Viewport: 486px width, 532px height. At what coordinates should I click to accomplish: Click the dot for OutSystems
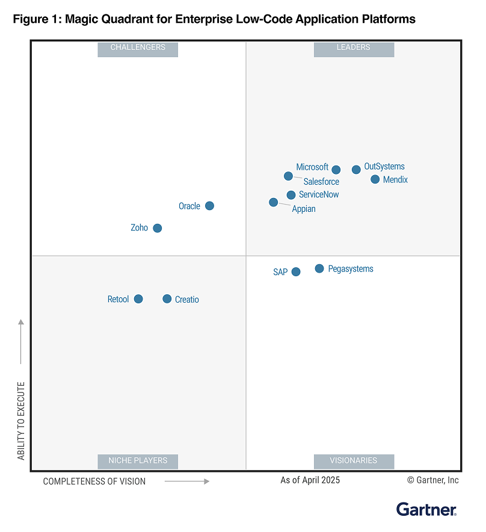(356, 170)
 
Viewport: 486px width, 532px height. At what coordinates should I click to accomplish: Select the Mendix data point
(375, 179)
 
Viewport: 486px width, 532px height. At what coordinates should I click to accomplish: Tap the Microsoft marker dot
(336, 170)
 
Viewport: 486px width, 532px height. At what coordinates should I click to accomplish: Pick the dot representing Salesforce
(289, 176)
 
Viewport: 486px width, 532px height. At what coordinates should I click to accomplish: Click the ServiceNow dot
(291, 195)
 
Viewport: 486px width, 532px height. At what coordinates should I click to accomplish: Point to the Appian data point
(274, 202)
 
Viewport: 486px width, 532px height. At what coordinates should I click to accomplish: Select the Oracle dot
(209, 206)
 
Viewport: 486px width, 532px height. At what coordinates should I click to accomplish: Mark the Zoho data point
(158, 228)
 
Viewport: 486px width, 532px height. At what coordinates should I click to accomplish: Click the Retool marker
(138, 299)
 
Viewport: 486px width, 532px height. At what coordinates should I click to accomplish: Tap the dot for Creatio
(167, 299)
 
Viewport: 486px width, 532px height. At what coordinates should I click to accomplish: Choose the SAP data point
(296, 272)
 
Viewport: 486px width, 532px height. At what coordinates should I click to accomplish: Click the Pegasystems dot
(319, 268)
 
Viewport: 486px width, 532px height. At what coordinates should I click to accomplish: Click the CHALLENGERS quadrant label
(138, 48)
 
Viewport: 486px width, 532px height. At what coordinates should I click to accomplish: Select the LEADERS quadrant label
(354, 48)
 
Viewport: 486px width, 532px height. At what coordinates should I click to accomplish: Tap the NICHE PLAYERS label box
(138, 461)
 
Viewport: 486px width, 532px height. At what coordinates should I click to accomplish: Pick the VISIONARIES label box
(354, 461)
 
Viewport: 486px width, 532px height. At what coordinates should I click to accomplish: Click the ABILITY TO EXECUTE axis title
(22, 421)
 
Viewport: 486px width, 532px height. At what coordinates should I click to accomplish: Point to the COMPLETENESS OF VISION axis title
(94, 481)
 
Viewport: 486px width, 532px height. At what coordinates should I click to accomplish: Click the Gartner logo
(426, 509)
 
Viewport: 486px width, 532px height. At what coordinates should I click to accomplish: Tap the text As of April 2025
(310, 480)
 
